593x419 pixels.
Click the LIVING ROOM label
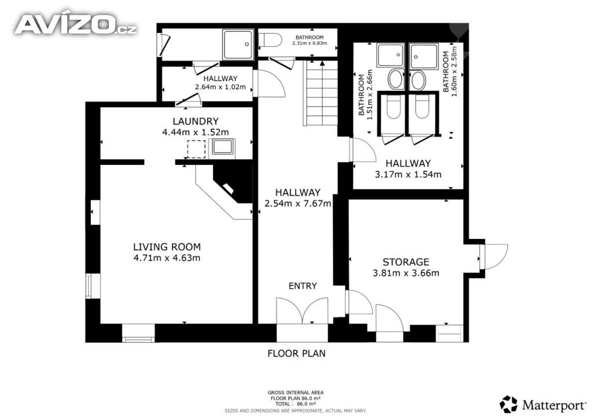(x=167, y=247)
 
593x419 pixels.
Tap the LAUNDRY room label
(x=196, y=122)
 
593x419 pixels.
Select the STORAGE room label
(x=406, y=262)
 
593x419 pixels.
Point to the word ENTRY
(x=302, y=286)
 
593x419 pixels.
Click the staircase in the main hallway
(x=321, y=93)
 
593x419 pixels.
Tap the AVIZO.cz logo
(x=76, y=24)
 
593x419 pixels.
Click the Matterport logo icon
(x=508, y=405)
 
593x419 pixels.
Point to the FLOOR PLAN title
(x=296, y=354)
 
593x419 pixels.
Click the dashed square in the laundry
(x=196, y=149)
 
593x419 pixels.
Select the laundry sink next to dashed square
(x=222, y=146)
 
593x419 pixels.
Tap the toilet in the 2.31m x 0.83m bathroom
(x=270, y=41)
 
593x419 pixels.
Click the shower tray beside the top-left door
(x=238, y=45)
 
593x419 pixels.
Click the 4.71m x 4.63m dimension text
(x=167, y=258)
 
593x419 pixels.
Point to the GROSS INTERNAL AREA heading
(x=296, y=392)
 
